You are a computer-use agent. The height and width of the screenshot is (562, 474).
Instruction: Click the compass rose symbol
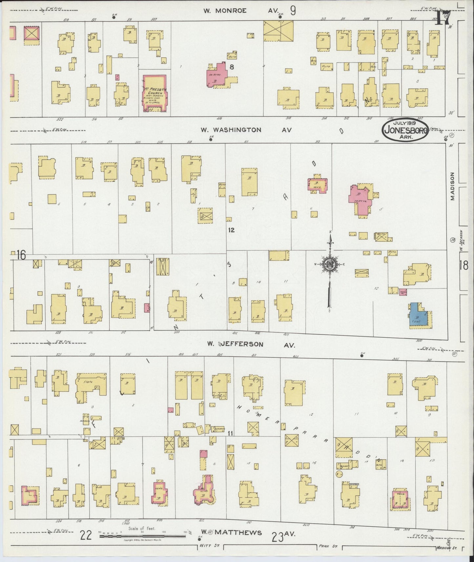(329, 265)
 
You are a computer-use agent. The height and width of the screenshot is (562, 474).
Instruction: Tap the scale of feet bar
(143, 536)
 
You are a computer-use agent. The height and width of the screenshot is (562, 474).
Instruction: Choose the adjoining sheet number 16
(21, 255)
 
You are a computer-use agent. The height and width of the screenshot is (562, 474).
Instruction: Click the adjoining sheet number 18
(464, 265)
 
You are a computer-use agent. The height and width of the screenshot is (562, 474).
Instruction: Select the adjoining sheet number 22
(86, 535)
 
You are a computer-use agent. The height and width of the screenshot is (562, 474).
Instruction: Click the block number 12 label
(231, 230)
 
